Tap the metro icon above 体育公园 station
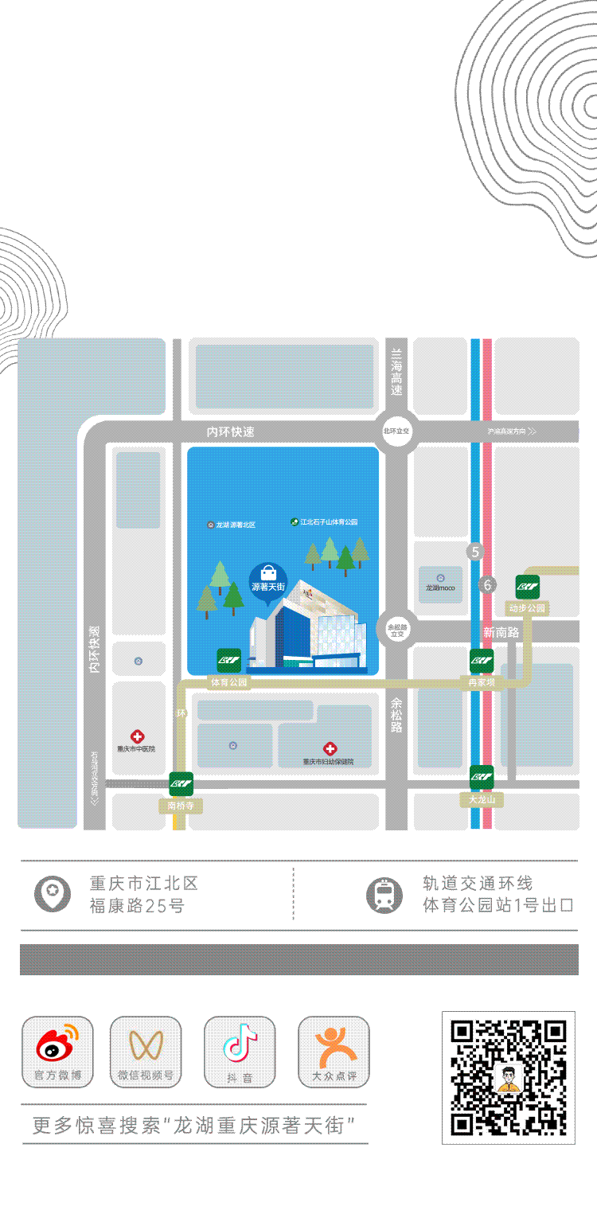pos(229,660)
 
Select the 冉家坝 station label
pos(482,682)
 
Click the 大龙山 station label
pos(482,799)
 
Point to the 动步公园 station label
pos(528,609)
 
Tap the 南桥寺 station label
pos(181,806)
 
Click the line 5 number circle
pos(475,551)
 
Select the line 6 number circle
pos(487,585)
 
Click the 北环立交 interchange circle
pos(396,431)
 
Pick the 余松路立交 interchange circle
pos(396,630)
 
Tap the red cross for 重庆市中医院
pos(137,736)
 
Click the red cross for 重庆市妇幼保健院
pos(330,748)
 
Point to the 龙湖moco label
pos(440,588)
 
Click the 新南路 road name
pos(501,631)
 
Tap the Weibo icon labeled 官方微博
pos(57,1045)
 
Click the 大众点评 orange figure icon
pos(334,1045)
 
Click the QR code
pos(509,1077)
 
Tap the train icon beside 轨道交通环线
pos(384,894)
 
